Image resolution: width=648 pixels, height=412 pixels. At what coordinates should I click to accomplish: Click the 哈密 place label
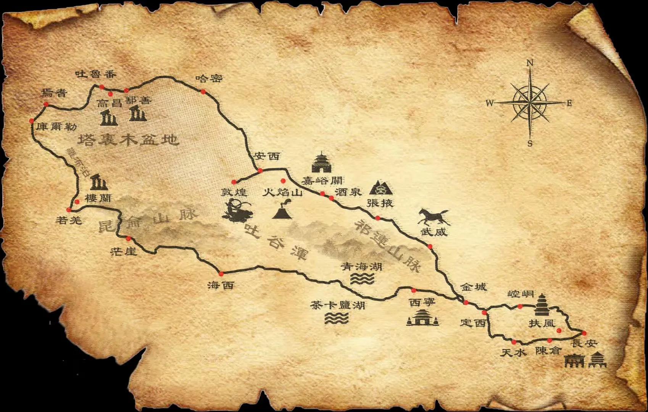pos(209,79)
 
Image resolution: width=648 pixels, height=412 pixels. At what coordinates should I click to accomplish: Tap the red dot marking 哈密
pos(203,92)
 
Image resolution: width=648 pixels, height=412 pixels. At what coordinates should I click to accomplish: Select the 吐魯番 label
pos(95,74)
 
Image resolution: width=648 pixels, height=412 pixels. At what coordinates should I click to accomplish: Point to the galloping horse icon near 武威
pos(434,217)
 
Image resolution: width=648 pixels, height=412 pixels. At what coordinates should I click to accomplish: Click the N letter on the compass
pos(530,63)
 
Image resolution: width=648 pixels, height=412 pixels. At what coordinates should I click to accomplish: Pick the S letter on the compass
pos(530,144)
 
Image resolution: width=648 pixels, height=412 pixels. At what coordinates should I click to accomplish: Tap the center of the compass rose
pos(530,103)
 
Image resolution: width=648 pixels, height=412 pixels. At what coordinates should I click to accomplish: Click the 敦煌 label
pos(234,192)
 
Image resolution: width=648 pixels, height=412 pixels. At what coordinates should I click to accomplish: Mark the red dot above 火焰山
pos(283,181)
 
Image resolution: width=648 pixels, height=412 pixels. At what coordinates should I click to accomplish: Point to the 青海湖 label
pos(361,266)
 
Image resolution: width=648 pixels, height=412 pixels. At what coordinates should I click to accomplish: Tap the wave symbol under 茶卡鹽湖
pos(337,318)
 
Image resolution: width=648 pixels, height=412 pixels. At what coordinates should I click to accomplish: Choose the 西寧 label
pos(422,303)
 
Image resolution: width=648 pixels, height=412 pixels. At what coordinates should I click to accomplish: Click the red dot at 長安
pos(584,333)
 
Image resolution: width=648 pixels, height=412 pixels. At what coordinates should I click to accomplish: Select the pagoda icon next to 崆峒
pos(542,305)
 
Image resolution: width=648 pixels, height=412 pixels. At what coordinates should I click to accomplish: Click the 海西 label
pos(221,285)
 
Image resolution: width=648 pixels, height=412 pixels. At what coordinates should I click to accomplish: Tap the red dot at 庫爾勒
pos(32,121)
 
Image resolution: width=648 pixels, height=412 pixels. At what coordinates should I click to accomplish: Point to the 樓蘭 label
pos(98,198)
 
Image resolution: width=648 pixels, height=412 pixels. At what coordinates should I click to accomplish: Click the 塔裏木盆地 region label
pos(129,140)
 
